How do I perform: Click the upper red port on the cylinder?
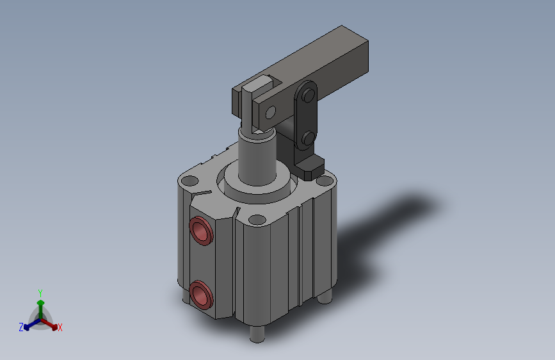click(x=201, y=231)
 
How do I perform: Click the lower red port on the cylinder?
click(x=201, y=295)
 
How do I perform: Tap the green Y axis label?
click(x=40, y=293)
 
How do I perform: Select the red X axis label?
click(x=60, y=327)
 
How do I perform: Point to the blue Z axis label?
click(x=21, y=327)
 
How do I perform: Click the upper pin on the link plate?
click(x=309, y=95)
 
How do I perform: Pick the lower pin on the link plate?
click(x=309, y=138)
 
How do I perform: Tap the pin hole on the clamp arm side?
click(x=271, y=112)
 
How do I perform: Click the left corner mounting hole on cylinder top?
click(x=190, y=181)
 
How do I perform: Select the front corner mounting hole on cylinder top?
click(x=257, y=220)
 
